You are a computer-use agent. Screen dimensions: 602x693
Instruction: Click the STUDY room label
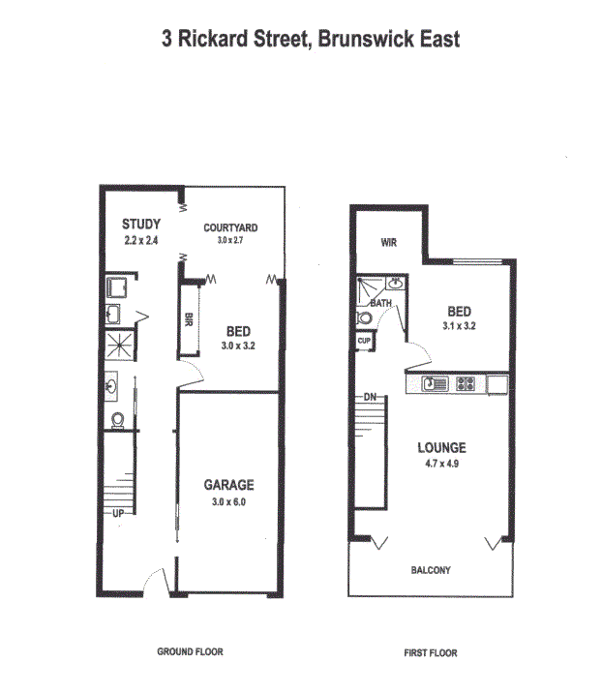141,225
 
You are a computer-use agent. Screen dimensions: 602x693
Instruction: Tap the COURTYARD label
230,227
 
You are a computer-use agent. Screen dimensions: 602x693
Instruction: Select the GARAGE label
228,485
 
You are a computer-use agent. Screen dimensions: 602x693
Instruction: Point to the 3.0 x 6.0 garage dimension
228,502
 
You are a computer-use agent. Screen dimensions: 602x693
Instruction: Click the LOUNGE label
441,448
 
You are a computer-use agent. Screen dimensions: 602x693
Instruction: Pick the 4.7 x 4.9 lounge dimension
441,464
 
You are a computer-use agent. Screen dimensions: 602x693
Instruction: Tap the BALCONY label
431,570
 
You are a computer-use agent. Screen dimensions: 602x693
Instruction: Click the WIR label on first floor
388,242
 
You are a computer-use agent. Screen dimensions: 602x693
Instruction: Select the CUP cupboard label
364,341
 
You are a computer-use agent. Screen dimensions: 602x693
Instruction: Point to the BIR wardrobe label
189,319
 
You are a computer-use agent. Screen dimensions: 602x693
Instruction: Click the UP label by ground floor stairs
118,513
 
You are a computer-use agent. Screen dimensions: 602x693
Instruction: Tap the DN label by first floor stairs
370,397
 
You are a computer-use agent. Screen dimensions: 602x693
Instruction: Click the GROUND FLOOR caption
190,651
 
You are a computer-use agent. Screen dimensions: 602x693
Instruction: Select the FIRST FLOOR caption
431,652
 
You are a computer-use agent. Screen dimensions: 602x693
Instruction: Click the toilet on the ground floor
117,420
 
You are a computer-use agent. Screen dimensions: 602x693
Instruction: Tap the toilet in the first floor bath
365,317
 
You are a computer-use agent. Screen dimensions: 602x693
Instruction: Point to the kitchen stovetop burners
466,383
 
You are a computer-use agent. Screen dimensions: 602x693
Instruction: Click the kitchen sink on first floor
435,383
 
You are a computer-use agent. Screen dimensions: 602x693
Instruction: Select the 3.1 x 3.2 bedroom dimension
459,326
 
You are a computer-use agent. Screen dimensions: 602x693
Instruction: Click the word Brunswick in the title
366,39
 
